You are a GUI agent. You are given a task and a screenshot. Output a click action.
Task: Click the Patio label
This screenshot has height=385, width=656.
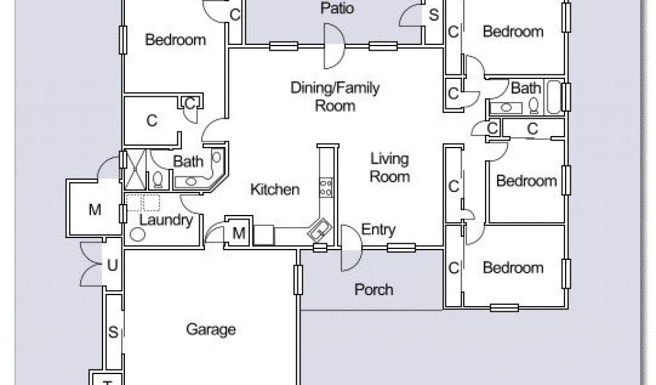coord(337,8)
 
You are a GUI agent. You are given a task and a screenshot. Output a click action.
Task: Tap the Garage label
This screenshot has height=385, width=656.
coord(211,329)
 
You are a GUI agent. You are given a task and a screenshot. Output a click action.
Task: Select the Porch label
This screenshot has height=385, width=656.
coord(373,289)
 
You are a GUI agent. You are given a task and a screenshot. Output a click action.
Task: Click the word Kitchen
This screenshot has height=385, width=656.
coord(275,189)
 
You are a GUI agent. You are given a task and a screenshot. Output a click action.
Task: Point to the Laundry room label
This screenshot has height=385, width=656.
coord(166,220)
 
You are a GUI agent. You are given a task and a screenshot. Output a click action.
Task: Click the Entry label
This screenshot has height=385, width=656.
coord(378,229)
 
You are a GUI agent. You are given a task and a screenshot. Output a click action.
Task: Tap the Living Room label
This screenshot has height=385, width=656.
coord(389,167)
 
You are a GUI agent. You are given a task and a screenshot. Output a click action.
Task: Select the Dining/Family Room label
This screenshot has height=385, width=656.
coord(335,96)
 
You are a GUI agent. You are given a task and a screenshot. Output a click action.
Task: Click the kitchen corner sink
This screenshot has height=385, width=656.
coord(320,230)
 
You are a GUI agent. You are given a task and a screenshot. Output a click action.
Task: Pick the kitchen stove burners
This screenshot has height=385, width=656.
coord(326,187)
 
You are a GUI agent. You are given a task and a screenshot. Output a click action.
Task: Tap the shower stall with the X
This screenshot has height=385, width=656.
coord(135,169)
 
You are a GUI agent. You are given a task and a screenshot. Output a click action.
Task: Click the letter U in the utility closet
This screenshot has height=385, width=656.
coord(112,265)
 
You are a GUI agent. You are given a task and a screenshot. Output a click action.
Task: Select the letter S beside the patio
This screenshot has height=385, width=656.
coord(434,15)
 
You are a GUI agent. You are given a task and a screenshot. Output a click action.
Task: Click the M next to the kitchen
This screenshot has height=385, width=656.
coord(238,233)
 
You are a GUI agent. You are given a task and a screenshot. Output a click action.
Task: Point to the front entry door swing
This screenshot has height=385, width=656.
coord(351,248)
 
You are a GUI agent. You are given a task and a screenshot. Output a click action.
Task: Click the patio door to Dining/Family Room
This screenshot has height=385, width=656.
coord(334,46)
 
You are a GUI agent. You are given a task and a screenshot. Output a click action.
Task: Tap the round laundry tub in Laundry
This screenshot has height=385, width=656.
coord(137,234)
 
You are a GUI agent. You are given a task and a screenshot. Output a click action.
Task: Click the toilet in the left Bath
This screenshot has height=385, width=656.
coord(158,179)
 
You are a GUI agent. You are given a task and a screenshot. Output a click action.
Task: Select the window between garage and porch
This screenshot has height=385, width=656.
coord(298,280)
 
